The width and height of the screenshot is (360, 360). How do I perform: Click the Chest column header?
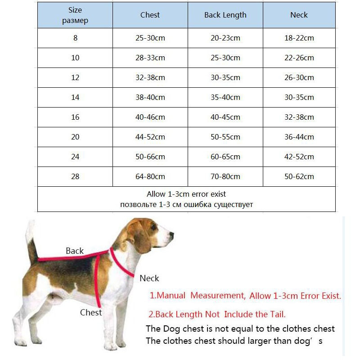tap(150, 15)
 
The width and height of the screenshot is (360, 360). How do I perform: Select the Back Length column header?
tap(225, 15)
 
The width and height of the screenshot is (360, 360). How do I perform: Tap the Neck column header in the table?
tap(299, 15)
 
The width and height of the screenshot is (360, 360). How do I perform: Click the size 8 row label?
tap(75, 38)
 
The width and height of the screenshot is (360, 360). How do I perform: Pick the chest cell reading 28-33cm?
tap(150, 58)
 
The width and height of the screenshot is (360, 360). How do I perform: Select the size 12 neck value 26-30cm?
tap(299, 77)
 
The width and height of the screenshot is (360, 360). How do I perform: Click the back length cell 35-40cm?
tap(225, 97)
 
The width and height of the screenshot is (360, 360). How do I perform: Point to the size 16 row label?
tap(75, 117)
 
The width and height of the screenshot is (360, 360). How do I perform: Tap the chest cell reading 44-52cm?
tap(150, 137)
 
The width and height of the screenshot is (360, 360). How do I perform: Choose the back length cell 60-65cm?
tap(225, 157)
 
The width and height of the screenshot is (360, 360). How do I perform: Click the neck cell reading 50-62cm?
tap(299, 176)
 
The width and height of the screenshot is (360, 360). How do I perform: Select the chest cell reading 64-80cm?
tap(150, 176)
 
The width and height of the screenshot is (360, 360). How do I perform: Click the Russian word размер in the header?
tap(75, 21)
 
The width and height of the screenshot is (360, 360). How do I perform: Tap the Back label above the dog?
tap(75, 251)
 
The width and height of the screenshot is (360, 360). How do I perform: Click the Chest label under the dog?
tap(91, 312)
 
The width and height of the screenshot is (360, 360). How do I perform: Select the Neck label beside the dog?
tap(149, 278)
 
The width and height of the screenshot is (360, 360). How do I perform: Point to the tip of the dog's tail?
tap(30, 222)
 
